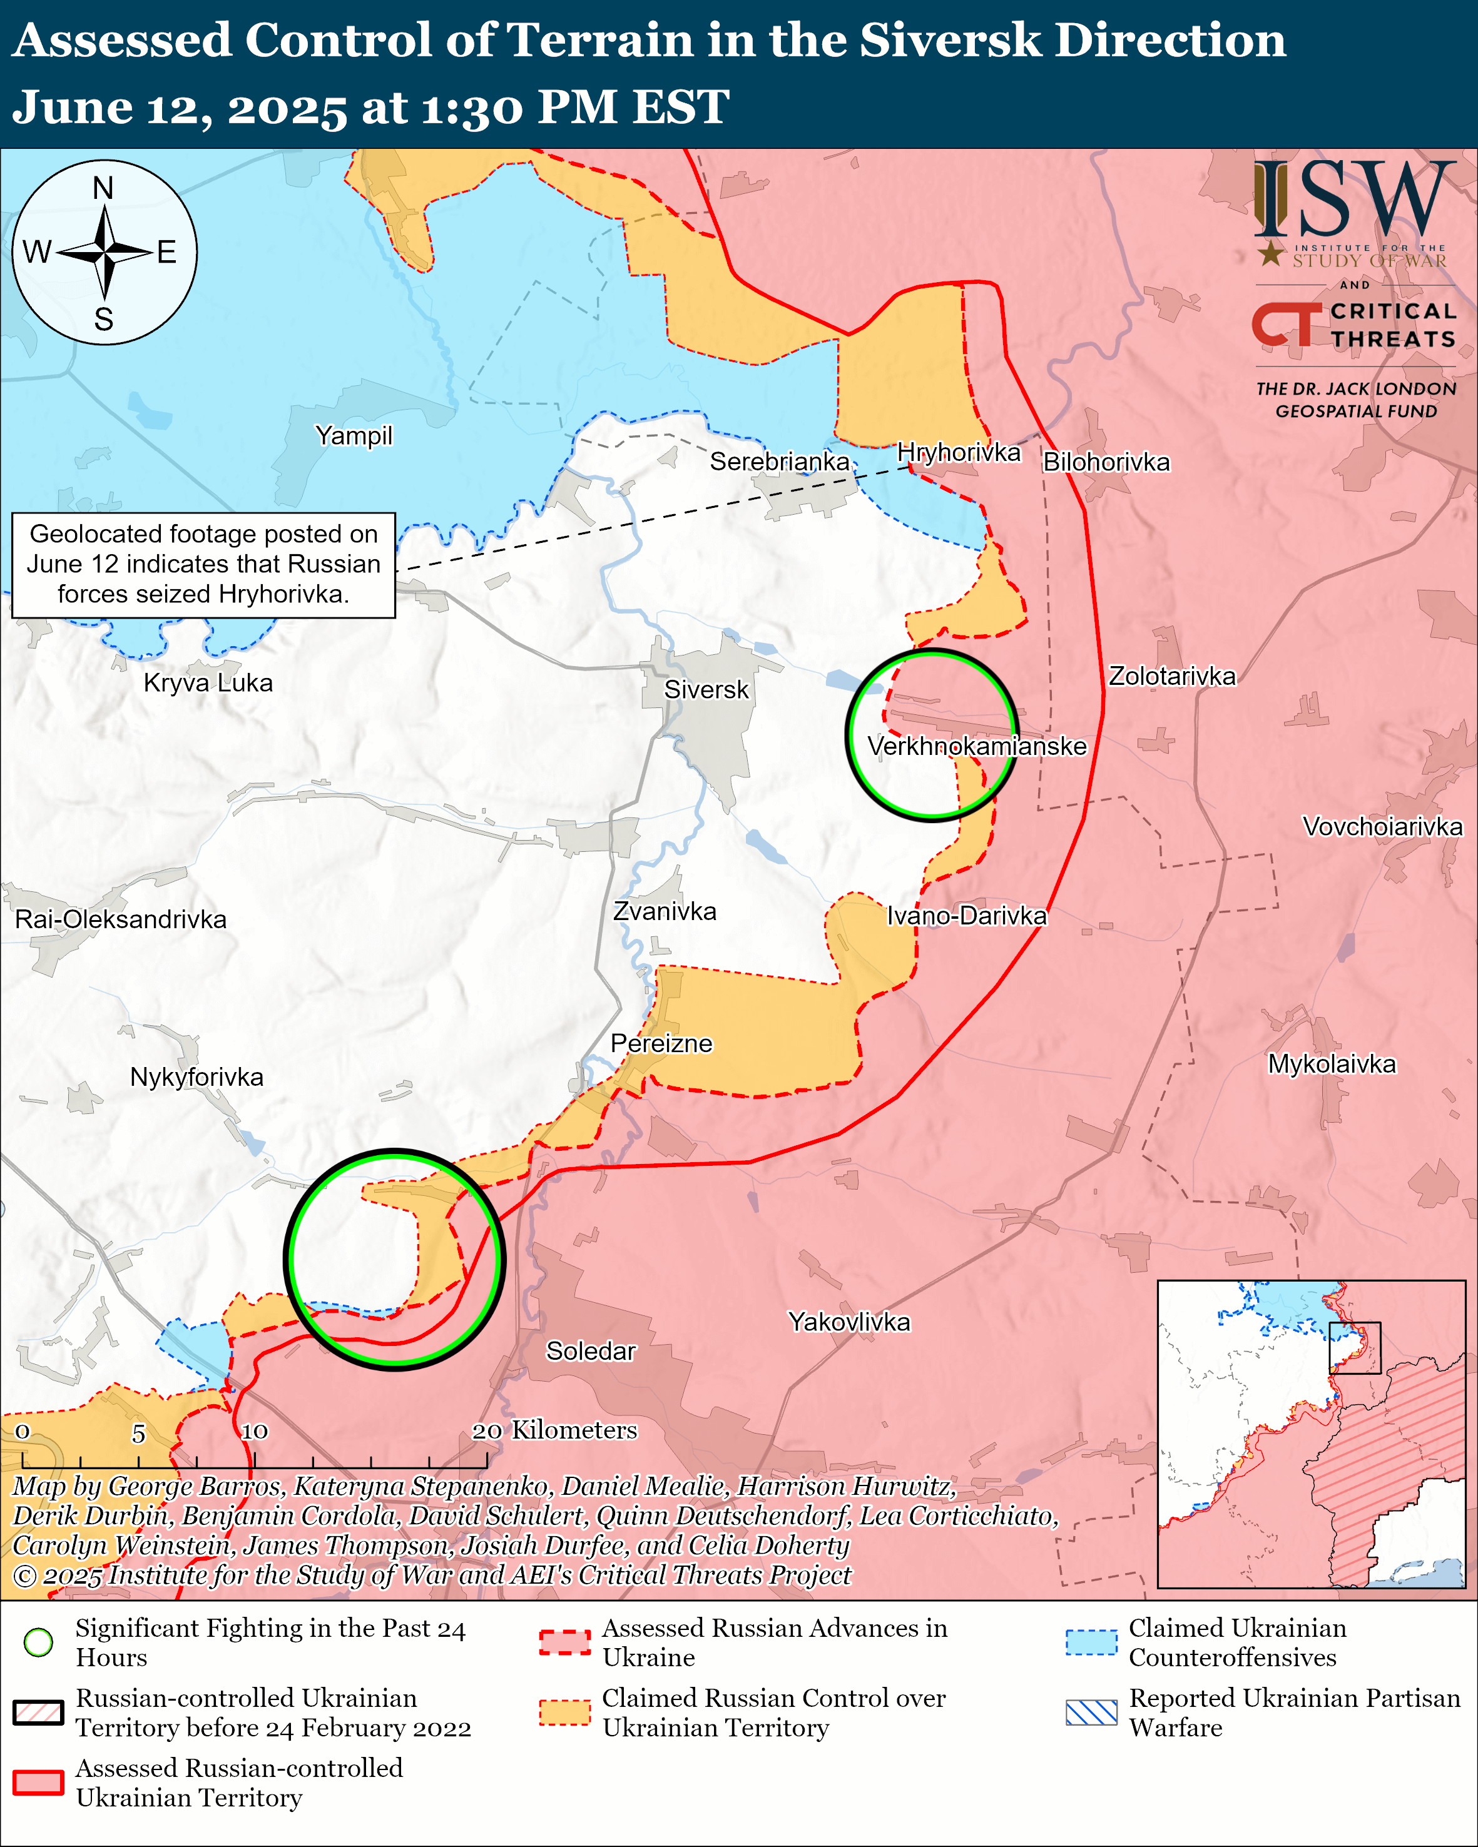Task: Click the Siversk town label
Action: point(706,690)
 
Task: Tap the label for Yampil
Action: point(353,436)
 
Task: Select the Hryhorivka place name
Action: point(958,452)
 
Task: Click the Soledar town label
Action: point(590,1351)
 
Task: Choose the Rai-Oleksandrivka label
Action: point(121,920)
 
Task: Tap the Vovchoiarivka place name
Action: point(1382,827)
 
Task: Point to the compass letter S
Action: point(104,320)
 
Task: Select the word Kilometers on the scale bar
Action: point(574,1430)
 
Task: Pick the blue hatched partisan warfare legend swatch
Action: point(1091,1713)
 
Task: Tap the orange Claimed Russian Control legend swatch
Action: point(564,1713)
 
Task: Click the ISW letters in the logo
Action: point(1353,200)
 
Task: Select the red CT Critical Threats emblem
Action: point(1286,325)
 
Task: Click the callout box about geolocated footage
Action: point(203,565)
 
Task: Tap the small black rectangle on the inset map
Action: point(1355,1347)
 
